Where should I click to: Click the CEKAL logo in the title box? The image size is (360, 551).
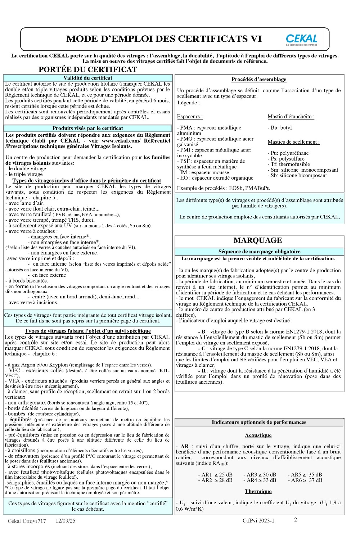pyautogui.click(x=302, y=40)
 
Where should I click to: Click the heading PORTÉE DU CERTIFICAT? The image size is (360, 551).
pyautogui.click(x=88, y=69)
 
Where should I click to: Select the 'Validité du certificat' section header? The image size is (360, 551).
pyautogui.click(x=88, y=78)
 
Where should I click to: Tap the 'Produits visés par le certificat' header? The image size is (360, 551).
pyautogui.click(x=88, y=128)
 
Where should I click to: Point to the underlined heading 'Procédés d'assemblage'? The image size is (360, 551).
pyautogui.click(x=259, y=80)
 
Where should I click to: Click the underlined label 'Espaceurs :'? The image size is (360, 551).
pyautogui.click(x=190, y=117)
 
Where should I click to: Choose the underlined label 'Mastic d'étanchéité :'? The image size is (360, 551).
pyautogui.click(x=291, y=117)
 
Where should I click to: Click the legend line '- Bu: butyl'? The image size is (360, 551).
pyautogui.click(x=280, y=128)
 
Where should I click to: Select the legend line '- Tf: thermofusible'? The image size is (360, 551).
pyautogui.click(x=289, y=164)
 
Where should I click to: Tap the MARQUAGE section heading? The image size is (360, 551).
pyautogui.click(x=258, y=240)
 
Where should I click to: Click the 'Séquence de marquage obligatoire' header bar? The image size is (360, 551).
pyautogui.click(x=259, y=252)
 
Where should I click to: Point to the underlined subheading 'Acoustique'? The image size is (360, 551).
pyautogui.click(x=258, y=435)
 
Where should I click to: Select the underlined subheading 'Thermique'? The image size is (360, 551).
pyautogui.click(x=258, y=492)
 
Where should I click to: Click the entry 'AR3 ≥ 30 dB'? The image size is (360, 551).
pyautogui.click(x=260, y=475)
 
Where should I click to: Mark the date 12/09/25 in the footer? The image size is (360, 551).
pyautogui.click(x=66, y=521)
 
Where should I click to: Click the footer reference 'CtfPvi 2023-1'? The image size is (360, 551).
pyautogui.click(x=258, y=521)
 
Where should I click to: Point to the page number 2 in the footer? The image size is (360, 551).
pyautogui.click(x=296, y=520)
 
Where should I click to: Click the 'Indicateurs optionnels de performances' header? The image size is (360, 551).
pyautogui.click(x=259, y=423)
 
